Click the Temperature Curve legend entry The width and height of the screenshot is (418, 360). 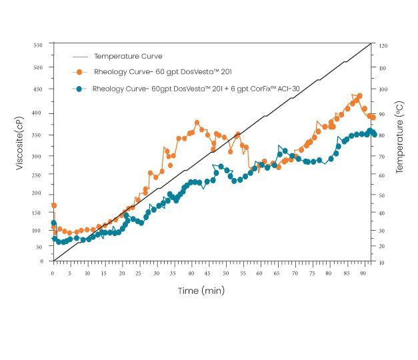coord(127,57)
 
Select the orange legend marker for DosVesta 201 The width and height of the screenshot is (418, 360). coord(80,72)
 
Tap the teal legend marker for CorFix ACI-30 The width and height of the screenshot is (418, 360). coord(80,89)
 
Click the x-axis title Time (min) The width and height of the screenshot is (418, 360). coord(201,291)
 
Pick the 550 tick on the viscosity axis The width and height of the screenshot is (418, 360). coord(38,45)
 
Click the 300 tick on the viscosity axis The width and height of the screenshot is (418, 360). coord(38,157)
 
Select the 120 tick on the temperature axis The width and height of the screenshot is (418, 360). coord(382,46)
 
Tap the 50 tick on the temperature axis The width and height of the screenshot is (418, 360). coord(382,196)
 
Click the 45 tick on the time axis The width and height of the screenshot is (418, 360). coord(208,273)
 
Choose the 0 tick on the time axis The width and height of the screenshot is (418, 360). coord(53,273)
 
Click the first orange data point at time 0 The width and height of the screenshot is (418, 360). coord(54,205)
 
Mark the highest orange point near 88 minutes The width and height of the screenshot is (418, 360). coord(359,96)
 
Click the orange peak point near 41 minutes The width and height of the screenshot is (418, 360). coord(197,123)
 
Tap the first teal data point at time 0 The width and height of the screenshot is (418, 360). coord(54,223)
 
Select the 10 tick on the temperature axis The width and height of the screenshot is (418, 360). coord(382,262)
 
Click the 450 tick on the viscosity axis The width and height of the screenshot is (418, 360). coord(38,89)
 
